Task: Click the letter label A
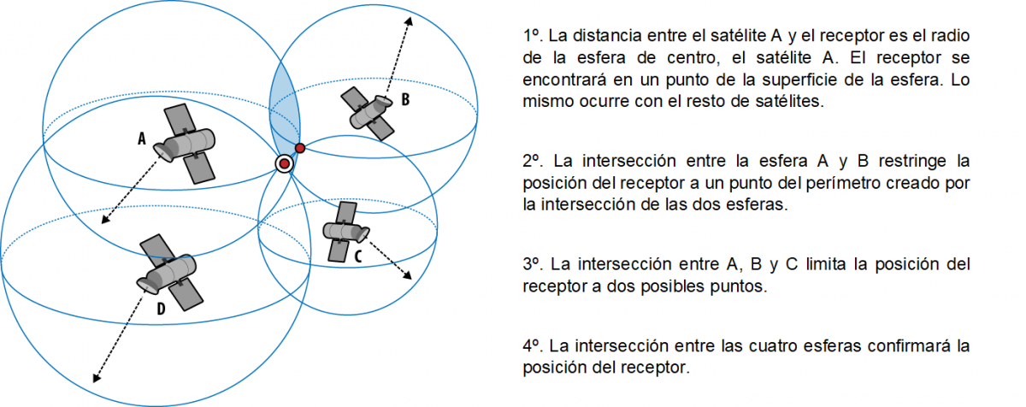point(142,137)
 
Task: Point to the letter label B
point(405,99)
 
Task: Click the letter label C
point(358,255)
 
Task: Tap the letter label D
point(160,310)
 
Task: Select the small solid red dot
point(300,148)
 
